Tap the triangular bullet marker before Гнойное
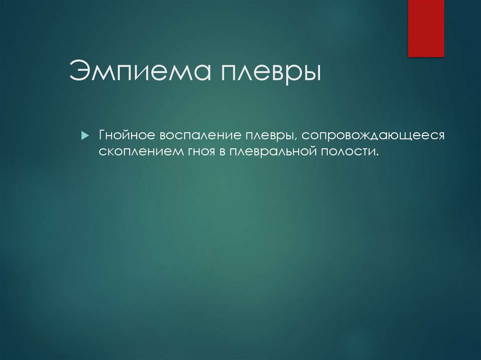click(84, 136)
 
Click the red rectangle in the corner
click(426, 28)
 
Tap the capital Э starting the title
click(78, 72)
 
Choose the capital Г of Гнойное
click(101, 135)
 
